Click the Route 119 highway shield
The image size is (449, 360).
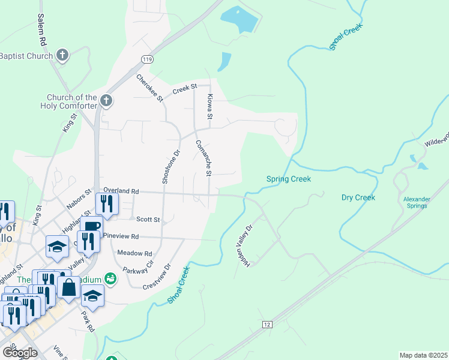tap(147, 58)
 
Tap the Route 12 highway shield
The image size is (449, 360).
tap(267, 324)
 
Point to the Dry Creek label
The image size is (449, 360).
tap(358, 197)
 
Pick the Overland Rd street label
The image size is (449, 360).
tap(121, 191)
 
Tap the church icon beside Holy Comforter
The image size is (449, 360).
tap(106, 100)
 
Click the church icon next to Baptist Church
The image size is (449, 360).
tap(62, 56)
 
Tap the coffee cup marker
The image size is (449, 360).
tap(92, 226)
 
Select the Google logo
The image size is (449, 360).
tap(20, 353)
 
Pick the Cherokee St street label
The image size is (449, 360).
tap(149, 88)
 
